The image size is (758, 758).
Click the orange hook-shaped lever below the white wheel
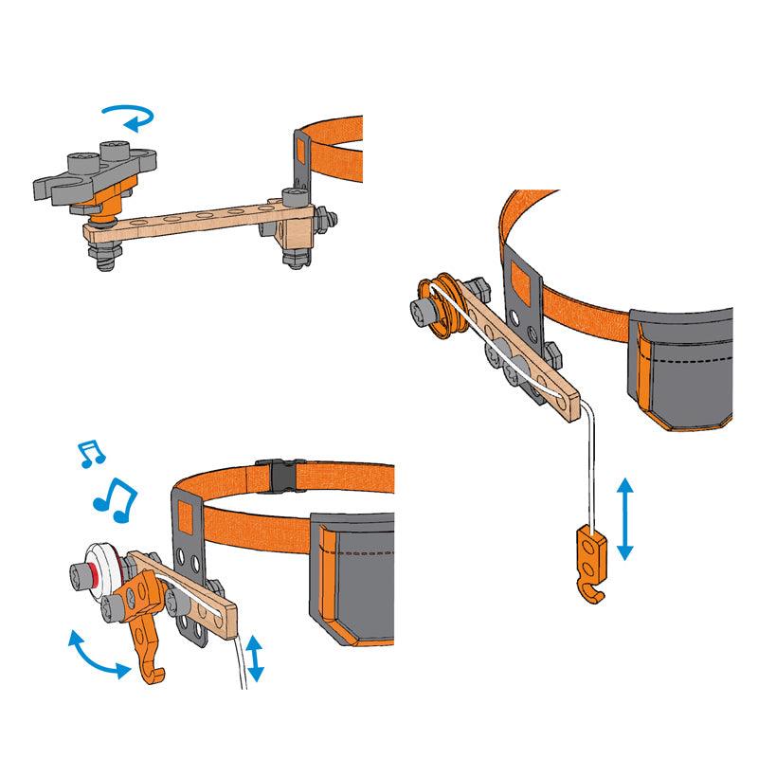click(x=145, y=635)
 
